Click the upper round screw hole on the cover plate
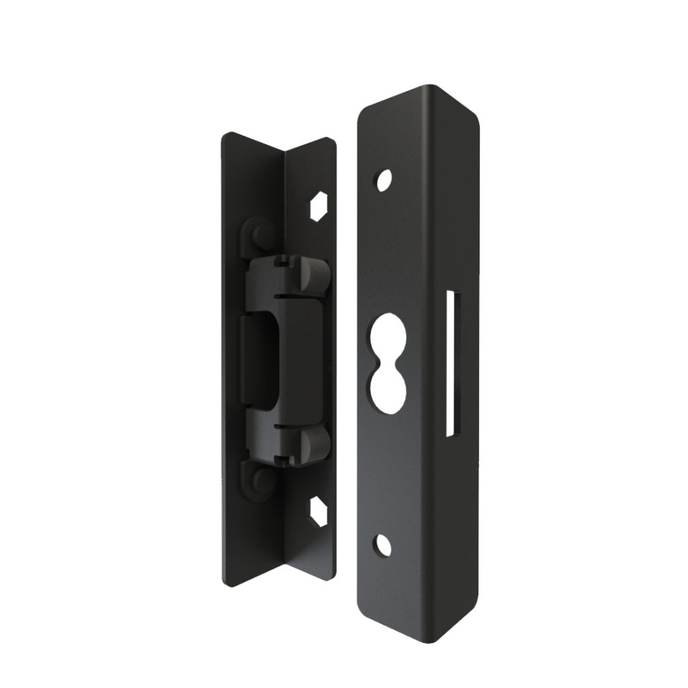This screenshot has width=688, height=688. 384,180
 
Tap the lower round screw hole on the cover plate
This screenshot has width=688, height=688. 384,546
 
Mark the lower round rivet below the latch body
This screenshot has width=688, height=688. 261,481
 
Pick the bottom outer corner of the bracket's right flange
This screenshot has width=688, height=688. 332,574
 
